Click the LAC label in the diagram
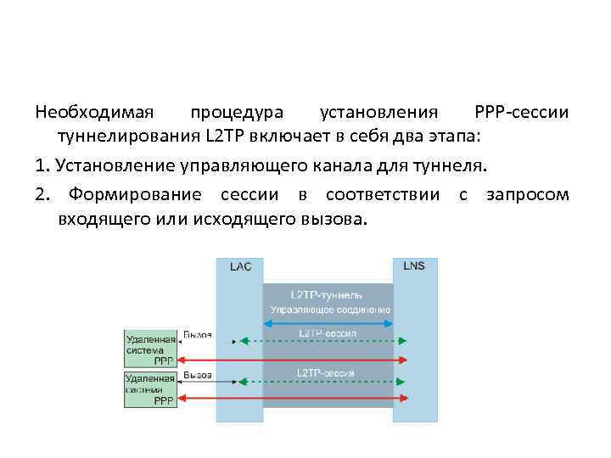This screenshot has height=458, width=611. (240, 266)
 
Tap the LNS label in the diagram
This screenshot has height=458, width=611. (414, 265)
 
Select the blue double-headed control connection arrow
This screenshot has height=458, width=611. (328, 323)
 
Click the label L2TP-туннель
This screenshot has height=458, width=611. (327, 294)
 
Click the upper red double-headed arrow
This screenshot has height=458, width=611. (297, 360)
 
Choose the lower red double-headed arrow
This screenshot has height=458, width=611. (297, 398)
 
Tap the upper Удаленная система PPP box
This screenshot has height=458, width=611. (150, 349)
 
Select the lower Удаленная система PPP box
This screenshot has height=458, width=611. (150, 388)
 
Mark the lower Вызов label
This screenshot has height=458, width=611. (198, 374)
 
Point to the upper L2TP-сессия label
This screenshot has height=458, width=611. (327, 332)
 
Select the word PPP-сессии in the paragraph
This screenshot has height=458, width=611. (522, 113)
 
